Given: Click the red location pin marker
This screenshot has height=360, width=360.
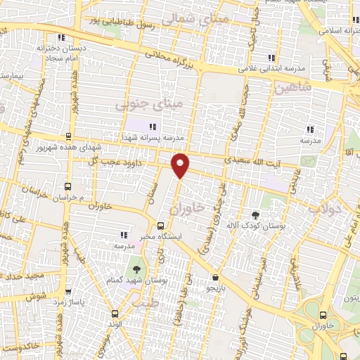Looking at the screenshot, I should pos(181,165).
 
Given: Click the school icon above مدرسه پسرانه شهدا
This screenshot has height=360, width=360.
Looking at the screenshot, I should pos(152,127).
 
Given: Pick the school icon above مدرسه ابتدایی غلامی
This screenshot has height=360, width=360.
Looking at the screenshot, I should pos(266,58).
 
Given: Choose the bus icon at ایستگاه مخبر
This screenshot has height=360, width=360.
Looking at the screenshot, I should pos(161,226).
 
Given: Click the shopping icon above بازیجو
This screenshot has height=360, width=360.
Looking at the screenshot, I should pos(214,277).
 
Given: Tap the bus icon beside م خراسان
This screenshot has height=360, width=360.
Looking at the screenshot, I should pos(67,187).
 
